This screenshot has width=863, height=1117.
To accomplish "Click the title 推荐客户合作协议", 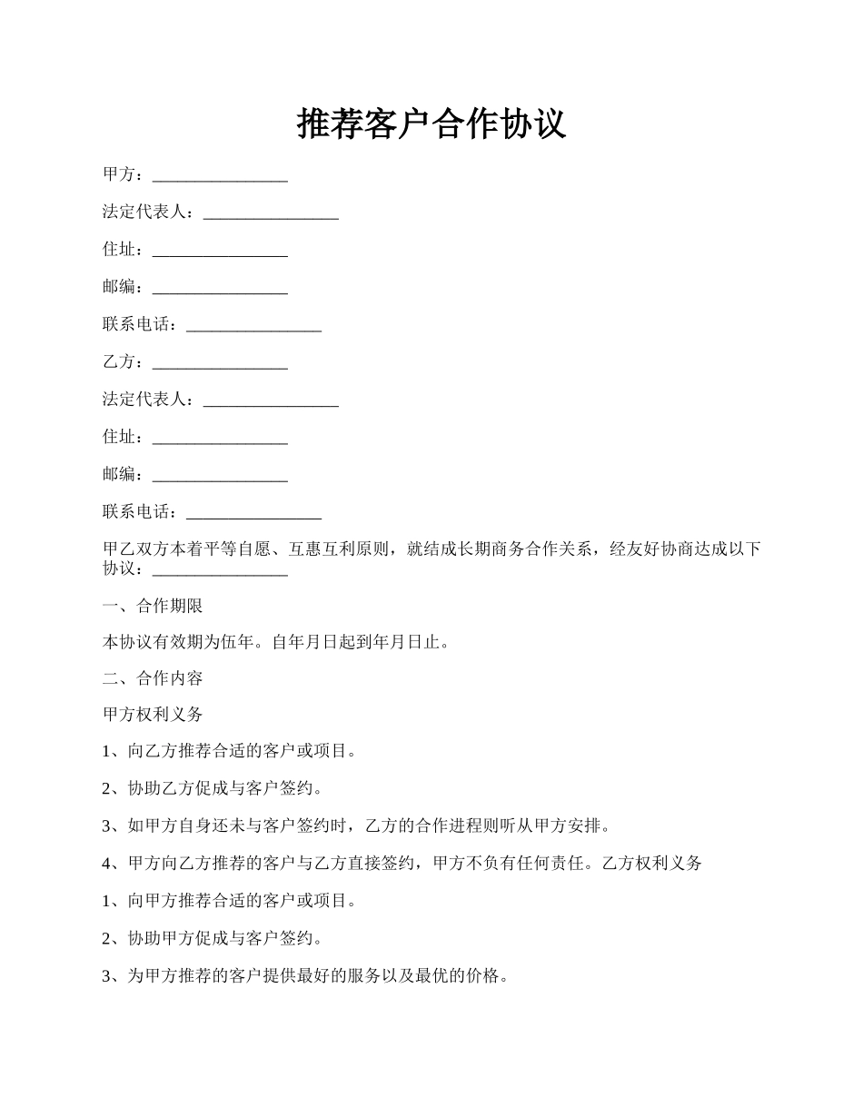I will (431, 124).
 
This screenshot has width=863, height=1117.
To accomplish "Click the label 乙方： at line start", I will (123, 362).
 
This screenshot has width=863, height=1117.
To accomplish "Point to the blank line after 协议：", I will (220, 570).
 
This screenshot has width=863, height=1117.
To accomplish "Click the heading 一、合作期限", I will (153, 606).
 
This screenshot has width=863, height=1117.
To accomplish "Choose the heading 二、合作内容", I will (153, 678).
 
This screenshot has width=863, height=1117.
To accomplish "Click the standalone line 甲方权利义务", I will (153, 715).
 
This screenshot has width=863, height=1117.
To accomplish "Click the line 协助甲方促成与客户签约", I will (223, 938).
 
